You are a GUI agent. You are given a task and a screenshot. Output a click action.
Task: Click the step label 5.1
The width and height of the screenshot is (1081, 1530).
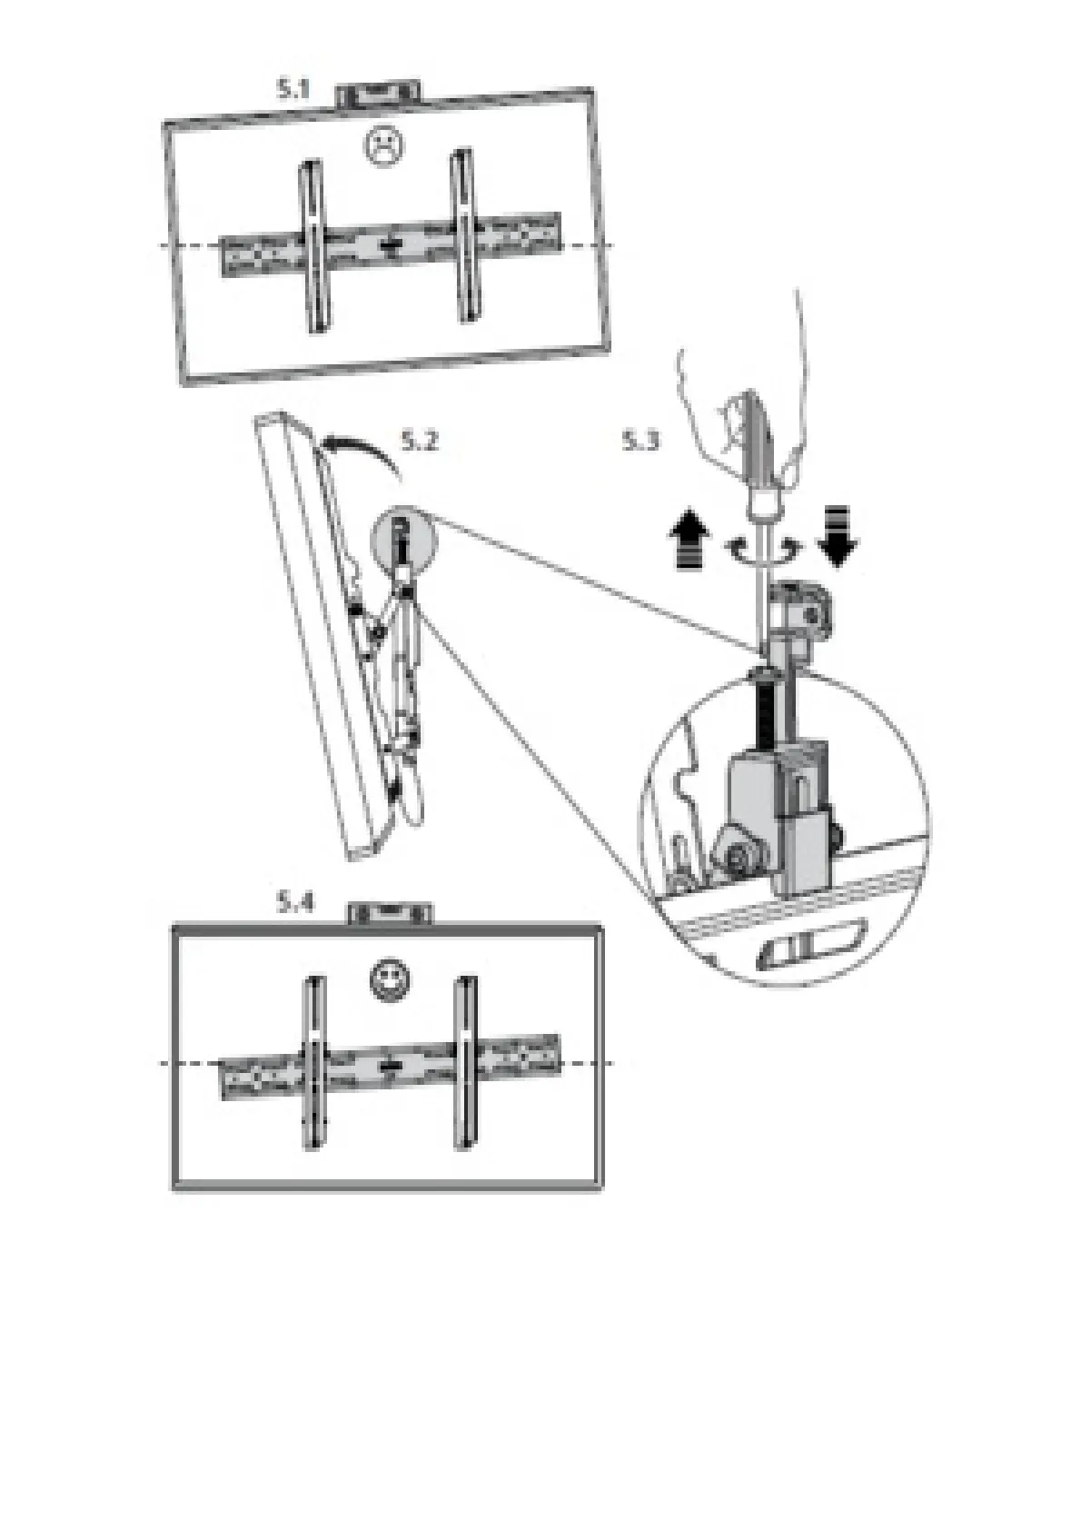pyautogui.click(x=293, y=89)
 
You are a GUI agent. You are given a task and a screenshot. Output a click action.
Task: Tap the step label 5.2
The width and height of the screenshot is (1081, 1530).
pyautogui.click(x=419, y=442)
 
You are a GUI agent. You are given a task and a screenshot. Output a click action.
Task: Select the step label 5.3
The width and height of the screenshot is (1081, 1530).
pyautogui.click(x=640, y=442)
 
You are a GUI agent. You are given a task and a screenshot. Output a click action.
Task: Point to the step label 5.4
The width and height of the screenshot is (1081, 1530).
pyautogui.click(x=295, y=903)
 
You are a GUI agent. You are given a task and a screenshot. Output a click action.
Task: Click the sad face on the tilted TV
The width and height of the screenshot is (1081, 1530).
pyautogui.click(x=383, y=146)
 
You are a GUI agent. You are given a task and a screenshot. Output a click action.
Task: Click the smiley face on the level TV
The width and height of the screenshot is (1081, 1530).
pyautogui.click(x=390, y=979)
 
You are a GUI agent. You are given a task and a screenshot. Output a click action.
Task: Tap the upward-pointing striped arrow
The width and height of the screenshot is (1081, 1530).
pyautogui.click(x=693, y=539)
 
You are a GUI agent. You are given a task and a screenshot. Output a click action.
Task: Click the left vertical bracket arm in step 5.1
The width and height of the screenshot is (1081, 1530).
pyautogui.click(x=312, y=247)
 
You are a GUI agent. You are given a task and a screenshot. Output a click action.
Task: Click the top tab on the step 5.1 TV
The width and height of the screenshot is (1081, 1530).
pyautogui.click(x=378, y=94)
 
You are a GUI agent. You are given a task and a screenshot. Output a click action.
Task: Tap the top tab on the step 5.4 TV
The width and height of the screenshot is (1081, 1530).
pyautogui.click(x=391, y=914)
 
